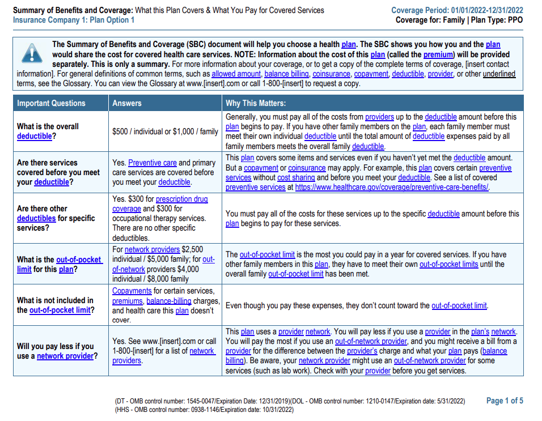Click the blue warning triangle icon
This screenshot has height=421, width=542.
click(x=32, y=53)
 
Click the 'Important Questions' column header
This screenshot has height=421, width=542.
click(x=51, y=103)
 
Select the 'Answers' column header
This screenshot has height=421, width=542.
click(x=127, y=103)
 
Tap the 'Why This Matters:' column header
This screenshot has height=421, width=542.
click(x=256, y=103)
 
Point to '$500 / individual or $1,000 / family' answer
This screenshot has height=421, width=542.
click(x=165, y=131)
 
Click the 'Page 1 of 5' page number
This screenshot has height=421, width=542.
click(x=505, y=401)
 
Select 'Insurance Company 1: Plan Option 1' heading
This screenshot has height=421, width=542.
click(x=74, y=20)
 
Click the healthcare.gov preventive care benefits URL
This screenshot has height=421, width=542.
click(x=392, y=187)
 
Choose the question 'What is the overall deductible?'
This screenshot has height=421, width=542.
click(x=48, y=131)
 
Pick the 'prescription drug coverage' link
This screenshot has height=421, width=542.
click(x=181, y=199)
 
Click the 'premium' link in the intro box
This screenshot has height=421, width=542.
click(x=438, y=54)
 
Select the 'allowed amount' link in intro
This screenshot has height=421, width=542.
click(x=236, y=74)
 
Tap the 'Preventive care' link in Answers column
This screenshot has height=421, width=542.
click(x=153, y=163)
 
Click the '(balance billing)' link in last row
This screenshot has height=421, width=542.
click(x=493, y=351)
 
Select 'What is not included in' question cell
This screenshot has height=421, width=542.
click(x=56, y=305)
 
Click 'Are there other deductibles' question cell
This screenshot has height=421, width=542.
click(x=56, y=218)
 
